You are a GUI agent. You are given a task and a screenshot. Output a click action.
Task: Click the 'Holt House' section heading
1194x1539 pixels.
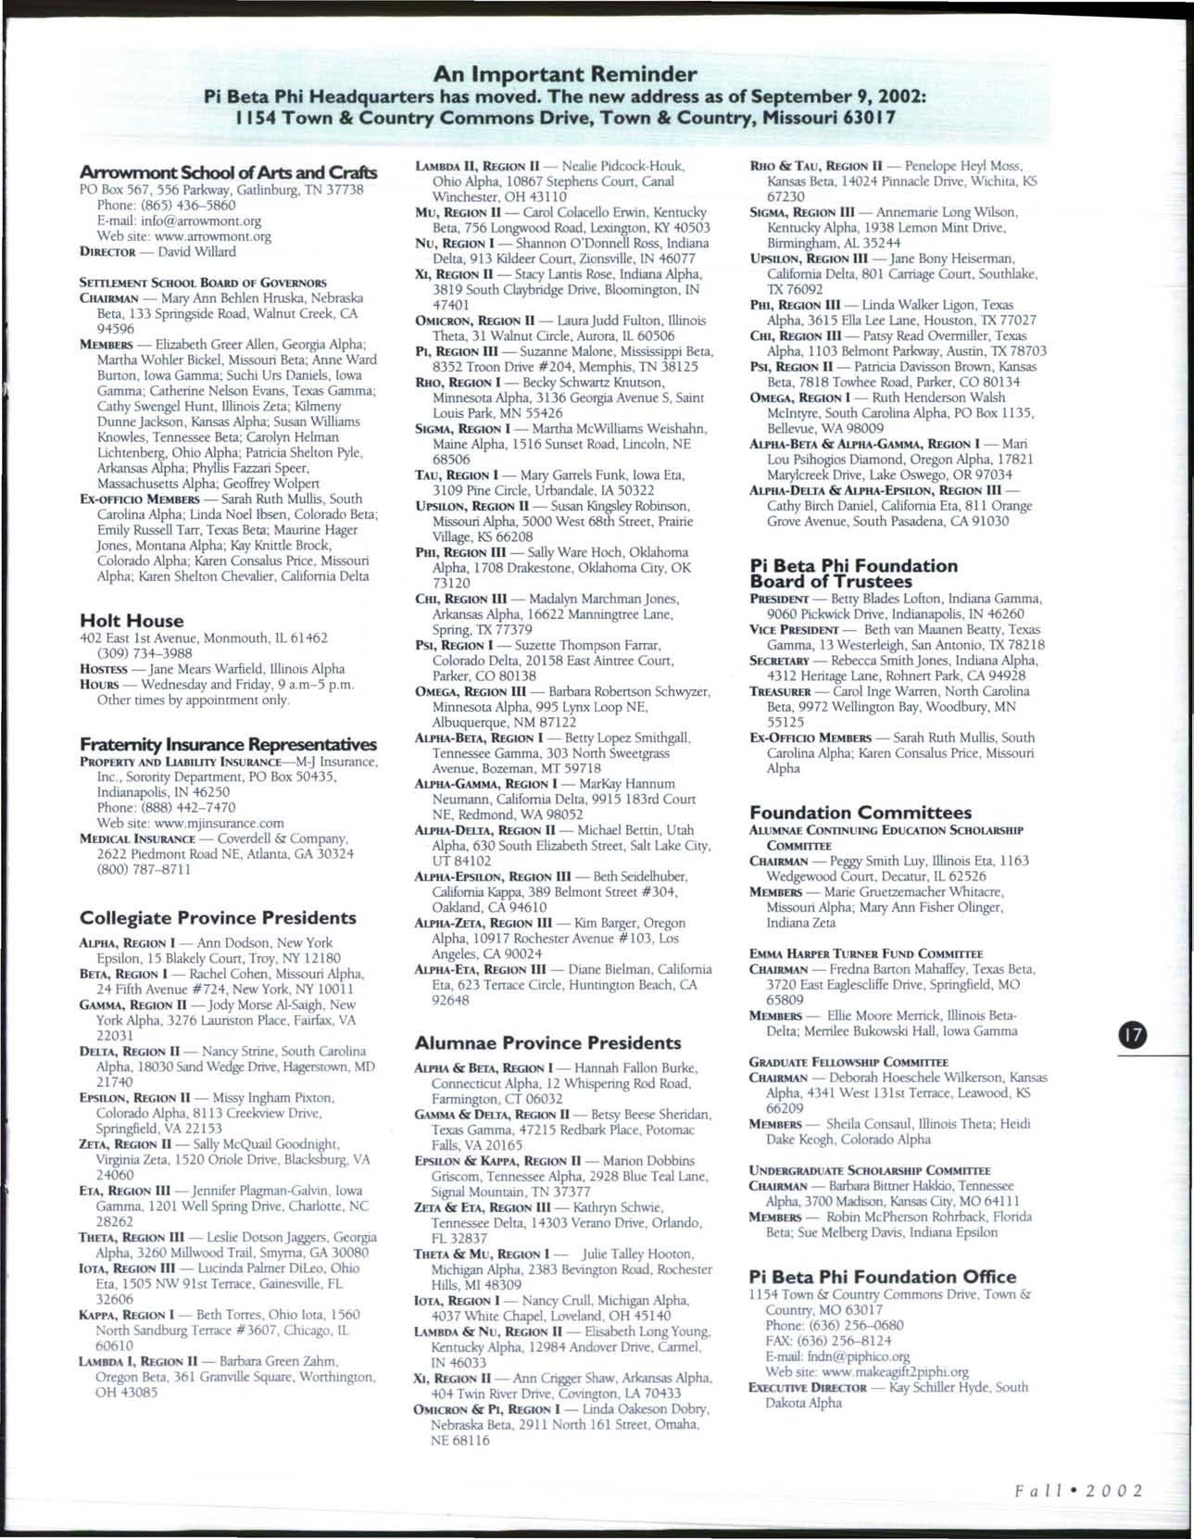click(x=132, y=621)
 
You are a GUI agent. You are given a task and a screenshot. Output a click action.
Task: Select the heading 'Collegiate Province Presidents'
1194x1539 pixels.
click(x=219, y=917)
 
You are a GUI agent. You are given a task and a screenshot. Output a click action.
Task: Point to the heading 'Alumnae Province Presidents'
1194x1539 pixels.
click(x=548, y=1042)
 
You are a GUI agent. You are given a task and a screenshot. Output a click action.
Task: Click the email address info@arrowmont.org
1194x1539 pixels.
click(x=208, y=221)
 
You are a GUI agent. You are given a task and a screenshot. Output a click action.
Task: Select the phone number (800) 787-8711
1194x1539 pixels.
click(x=145, y=869)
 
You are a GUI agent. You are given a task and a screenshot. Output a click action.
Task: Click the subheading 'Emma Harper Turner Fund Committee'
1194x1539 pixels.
click(x=866, y=953)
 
